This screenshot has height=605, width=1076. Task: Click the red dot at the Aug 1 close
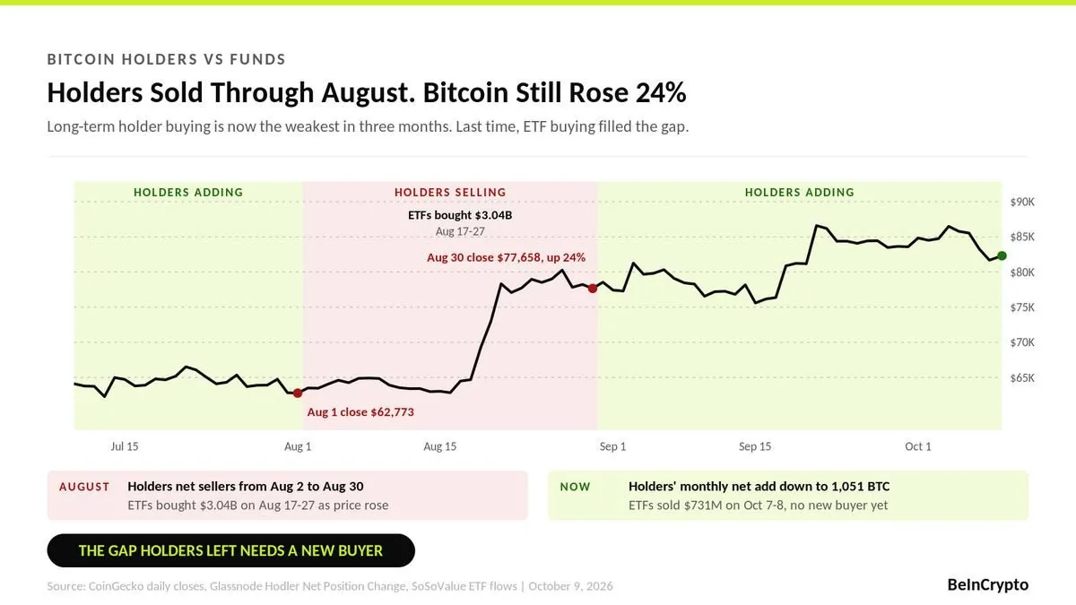pyautogui.click(x=298, y=393)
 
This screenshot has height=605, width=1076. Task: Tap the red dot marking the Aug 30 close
pyautogui.click(x=593, y=289)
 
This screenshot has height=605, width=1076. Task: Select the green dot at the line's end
pyautogui.click(x=1002, y=256)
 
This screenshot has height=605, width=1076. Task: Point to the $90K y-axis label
pyautogui.click(x=1022, y=202)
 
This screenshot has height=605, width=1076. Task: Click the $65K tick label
pyautogui.click(x=1022, y=378)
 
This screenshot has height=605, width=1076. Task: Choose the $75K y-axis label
pyautogui.click(x=1022, y=307)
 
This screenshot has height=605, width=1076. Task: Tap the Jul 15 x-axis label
pyautogui.click(x=125, y=446)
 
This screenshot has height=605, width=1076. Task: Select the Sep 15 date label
pyautogui.click(x=755, y=446)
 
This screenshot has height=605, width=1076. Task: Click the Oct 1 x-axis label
pyautogui.click(x=918, y=446)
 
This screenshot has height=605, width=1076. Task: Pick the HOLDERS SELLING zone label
pyautogui.click(x=450, y=193)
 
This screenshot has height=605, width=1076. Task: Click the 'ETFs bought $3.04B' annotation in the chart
pyautogui.click(x=460, y=215)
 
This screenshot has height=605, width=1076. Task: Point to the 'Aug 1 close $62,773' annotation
pyautogui.click(x=360, y=412)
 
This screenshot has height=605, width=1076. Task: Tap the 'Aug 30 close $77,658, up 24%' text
pyautogui.click(x=507, y=257)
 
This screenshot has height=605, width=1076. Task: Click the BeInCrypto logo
pyautogui.click(x=987, y=584)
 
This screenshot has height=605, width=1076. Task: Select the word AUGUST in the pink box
pyautogui.click(x=84, y=487)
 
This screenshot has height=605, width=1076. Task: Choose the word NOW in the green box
pyautogui.click(x=575, y=487)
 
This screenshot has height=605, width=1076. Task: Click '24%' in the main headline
pyautogui.click(x=661, y=92)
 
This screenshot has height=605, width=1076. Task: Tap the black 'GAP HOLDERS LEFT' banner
pyautogui.click(x=230, y=550)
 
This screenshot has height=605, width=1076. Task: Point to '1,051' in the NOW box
pyautogui.click(x=846, y=487)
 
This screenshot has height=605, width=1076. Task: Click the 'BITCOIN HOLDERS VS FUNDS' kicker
pyautogui.click(x=166, y=59)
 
